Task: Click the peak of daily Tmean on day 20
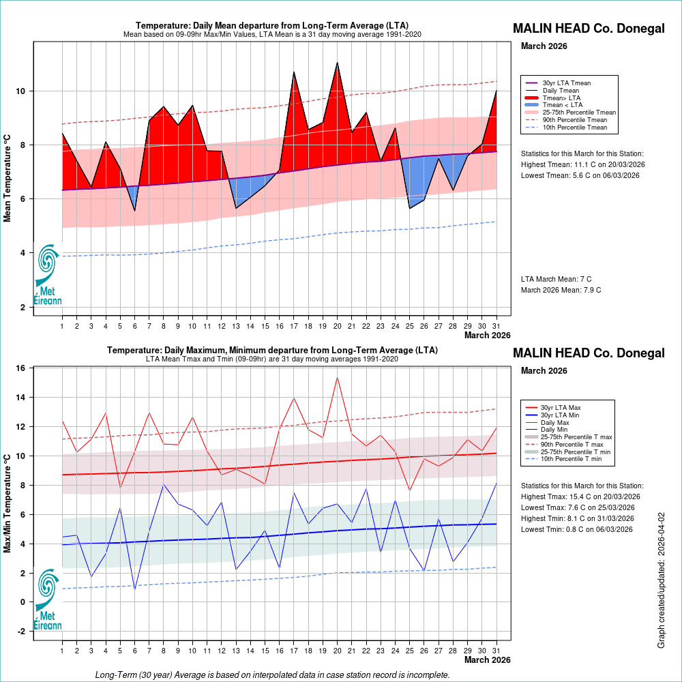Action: (x=337, y=63)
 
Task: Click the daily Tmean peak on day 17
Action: (x=294, y=72)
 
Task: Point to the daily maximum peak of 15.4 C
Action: (x=337, y=377)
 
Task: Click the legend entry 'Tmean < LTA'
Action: (x=562, y=105)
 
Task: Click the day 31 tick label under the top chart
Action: (x=496, y=326)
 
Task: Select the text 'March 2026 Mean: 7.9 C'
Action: (x=561, y=291)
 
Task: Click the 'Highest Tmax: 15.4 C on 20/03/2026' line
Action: (x=580, y=496)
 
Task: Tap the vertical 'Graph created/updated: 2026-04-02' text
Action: (x=661, y=580)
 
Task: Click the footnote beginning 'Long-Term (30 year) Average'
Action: (x=273, y=675)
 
